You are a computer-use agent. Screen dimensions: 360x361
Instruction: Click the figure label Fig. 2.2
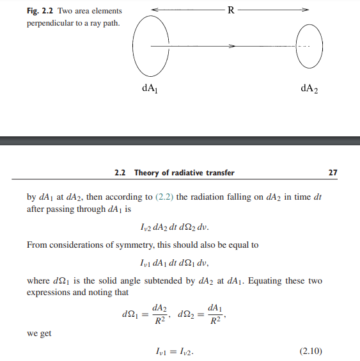pos(42,11)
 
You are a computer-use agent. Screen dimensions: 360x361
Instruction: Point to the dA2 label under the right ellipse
pos(309,89)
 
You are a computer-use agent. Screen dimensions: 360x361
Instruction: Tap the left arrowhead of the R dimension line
pos(156,9)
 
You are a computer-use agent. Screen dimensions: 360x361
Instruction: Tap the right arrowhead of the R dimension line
pos(306,9)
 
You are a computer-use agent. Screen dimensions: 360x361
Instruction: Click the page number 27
pos(332,173)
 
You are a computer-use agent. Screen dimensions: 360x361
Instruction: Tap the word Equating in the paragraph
pos(260,281)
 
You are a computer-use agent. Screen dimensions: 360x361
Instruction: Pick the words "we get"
pos(39,333)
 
